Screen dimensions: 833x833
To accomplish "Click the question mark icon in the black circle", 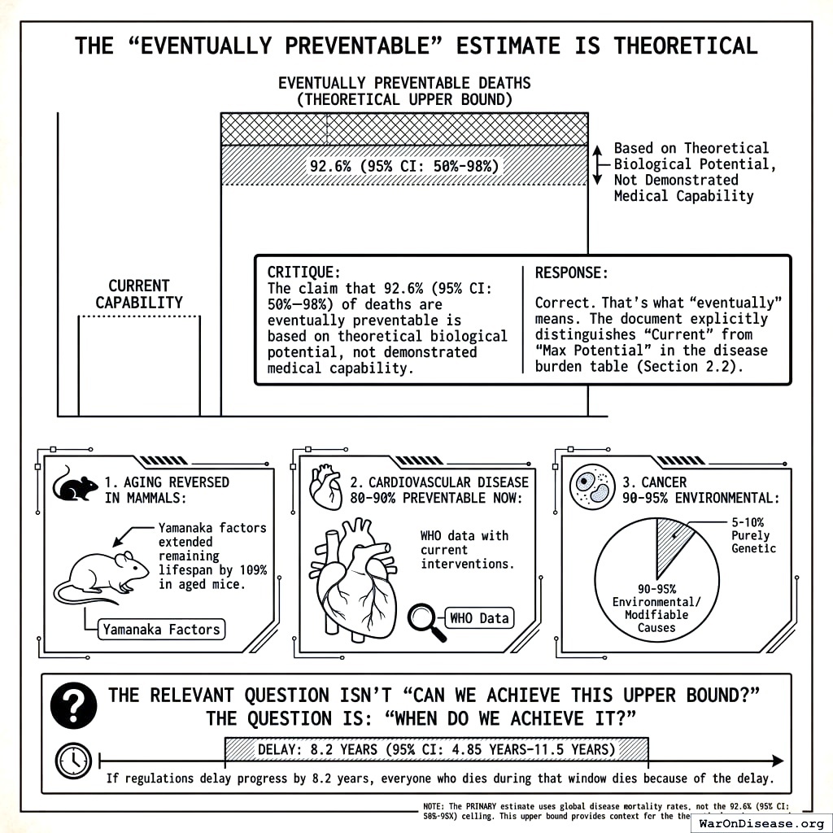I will [73, 704].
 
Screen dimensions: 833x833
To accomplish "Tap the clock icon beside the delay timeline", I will [73, 761].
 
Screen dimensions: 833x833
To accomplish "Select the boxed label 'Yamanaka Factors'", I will [161, 629].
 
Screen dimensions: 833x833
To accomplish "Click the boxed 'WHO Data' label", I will [480, 617].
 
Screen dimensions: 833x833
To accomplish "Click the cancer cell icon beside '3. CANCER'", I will [592, 486].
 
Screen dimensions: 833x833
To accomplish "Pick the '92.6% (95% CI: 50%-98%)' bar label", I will [403, 166].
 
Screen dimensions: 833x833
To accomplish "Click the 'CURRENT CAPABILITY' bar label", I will [139, 294].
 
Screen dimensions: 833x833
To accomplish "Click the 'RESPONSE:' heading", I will [571, 273].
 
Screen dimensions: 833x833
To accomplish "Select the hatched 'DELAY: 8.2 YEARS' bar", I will [436, 748].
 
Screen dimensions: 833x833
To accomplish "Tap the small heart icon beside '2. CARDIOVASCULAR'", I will [325, 487].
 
